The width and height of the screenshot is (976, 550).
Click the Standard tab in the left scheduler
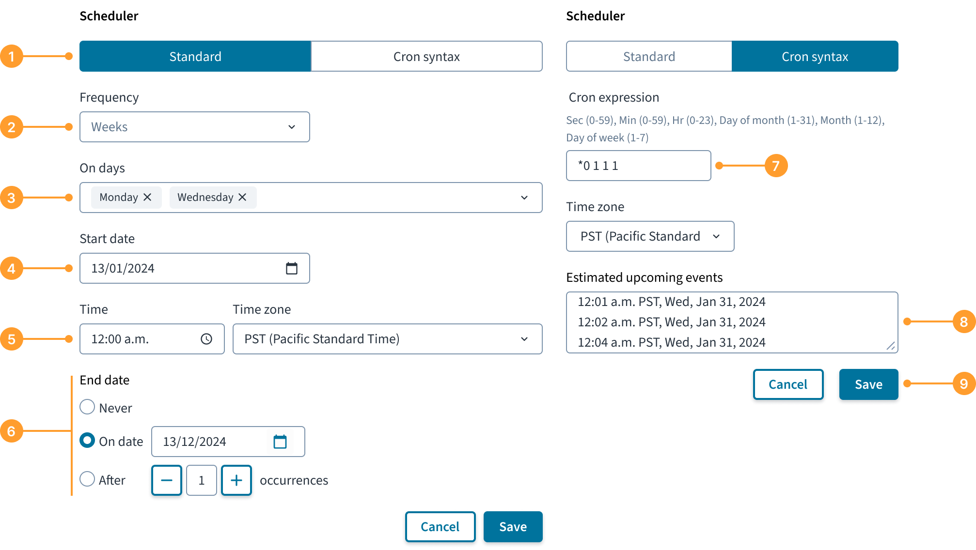(195, 56)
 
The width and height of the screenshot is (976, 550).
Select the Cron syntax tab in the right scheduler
(815, 56)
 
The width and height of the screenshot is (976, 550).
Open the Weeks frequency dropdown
(195, 127)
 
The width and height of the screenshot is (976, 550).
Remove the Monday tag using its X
(147, 197)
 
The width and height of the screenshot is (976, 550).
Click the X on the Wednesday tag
(242, 197)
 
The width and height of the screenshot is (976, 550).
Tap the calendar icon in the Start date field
(292, 268)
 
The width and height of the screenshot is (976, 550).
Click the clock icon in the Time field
(206, 339)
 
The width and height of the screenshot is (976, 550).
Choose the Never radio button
(87, 407)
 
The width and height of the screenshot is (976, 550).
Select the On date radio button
(87, 441)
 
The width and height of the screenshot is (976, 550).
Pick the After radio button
(87, 479)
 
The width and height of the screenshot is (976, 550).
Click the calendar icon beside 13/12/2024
(280, 442)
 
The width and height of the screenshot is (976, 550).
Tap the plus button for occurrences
(236, 480)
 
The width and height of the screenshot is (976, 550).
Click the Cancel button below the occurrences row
(440, 527)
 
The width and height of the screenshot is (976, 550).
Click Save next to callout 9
(868, 384)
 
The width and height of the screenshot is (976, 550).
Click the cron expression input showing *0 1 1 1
(638, 166)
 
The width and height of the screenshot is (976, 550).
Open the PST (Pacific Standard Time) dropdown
(387, 339)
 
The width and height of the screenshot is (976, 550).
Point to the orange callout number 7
(776, 166)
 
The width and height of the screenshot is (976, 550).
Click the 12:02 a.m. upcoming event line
(672, 322)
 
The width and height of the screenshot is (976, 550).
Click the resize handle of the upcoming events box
(891, 346)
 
